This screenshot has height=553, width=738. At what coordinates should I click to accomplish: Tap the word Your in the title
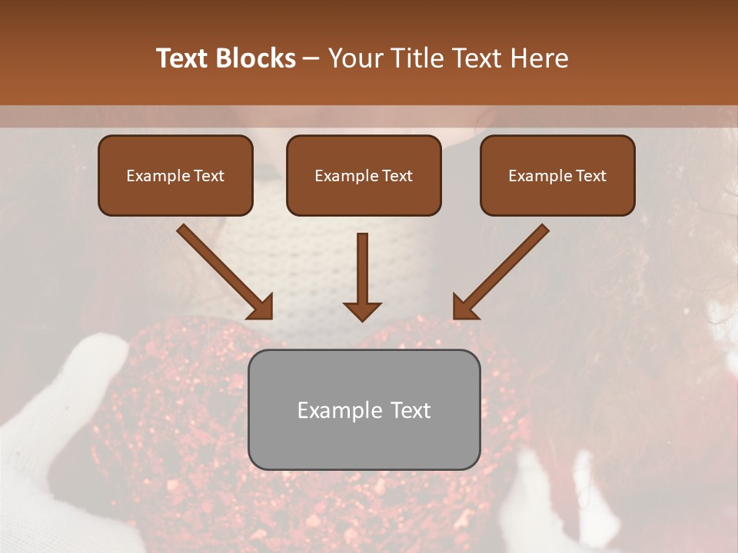click(x=356, y=58)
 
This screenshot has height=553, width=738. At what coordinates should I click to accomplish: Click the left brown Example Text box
click(x=175, y=175)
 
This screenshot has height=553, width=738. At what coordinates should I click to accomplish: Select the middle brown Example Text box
click(x=364, y=175)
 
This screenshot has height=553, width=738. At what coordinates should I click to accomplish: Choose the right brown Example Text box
click(x=557, y=175)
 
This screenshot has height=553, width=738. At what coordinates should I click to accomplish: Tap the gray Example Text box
click(x=364, y=409)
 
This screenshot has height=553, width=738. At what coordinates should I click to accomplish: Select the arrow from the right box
click(x=501, y=271)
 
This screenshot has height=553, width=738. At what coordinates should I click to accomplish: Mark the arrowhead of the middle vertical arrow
click(x=362, y=310)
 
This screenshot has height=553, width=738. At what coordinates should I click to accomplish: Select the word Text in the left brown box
click(x=208, y=176)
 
